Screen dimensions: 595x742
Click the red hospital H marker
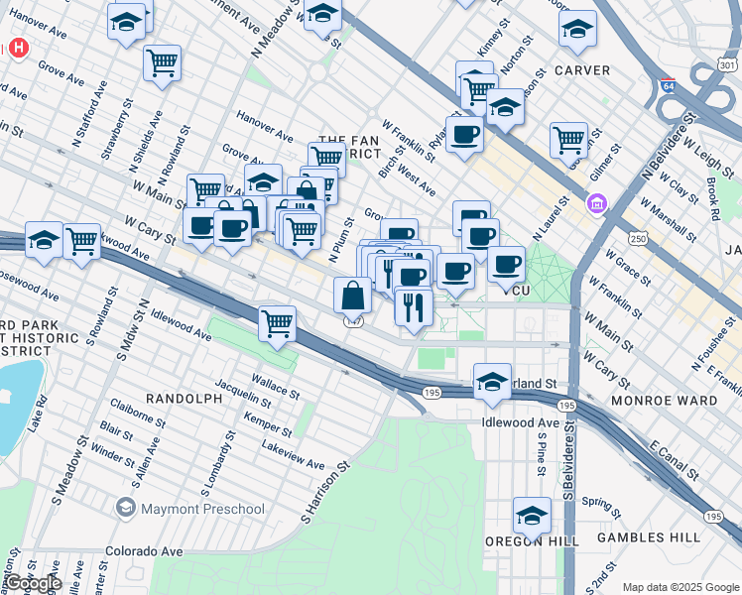pos(18,48)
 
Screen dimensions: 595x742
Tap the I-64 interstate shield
pos(669,88)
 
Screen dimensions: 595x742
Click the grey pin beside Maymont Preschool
pos(125,509)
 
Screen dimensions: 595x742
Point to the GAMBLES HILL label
pos(643,537)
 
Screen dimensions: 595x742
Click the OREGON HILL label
pos(528,541)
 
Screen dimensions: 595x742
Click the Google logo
pos(34,584)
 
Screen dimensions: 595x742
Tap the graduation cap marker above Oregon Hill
pos(532,516)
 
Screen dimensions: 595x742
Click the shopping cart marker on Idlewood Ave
pos(278,322)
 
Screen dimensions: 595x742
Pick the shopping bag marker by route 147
pos(352,295)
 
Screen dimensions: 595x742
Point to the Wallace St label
pos(275,386)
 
